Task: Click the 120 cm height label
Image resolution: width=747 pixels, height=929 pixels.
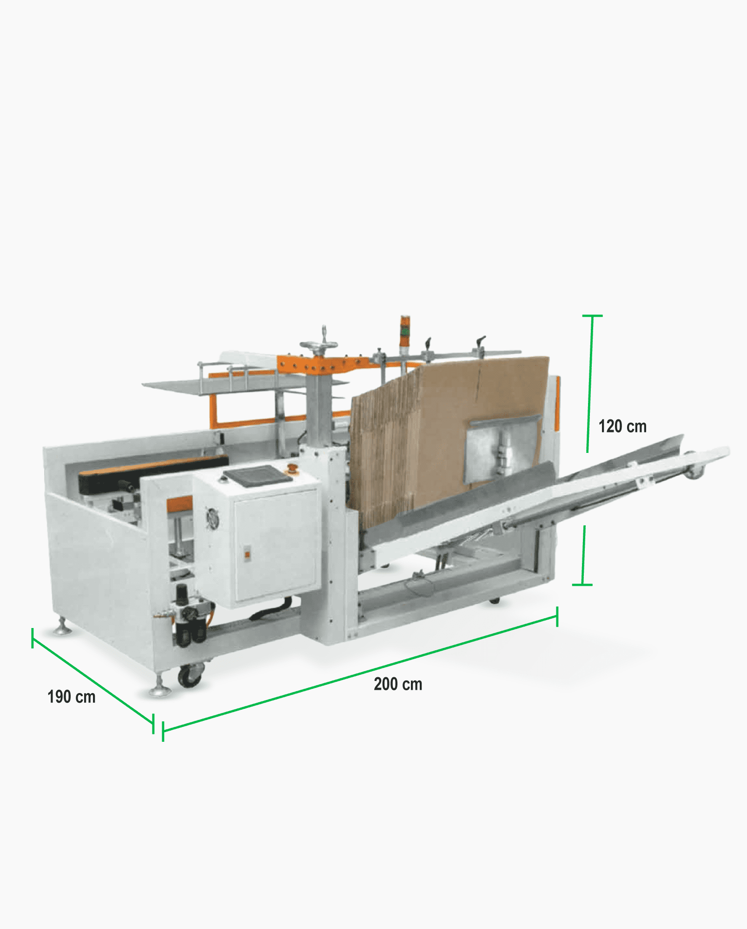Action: pos(622,426)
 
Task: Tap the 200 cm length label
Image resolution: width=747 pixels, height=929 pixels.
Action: pos(398,684)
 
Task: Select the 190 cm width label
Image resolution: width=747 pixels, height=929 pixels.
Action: pos(71,697)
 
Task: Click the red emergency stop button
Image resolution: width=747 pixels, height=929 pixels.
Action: pos(292,467)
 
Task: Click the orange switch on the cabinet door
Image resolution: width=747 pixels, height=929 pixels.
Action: pos(247,554)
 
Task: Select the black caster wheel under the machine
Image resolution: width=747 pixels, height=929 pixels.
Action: pos(191,675)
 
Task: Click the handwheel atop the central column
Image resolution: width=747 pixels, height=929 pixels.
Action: pos(318,344)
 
